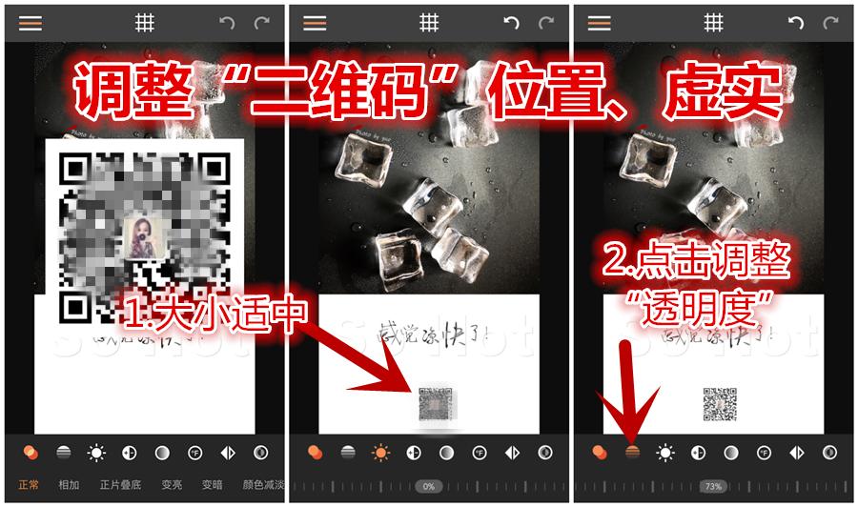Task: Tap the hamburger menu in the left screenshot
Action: tap(31, 23)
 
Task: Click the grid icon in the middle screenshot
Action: tap(429, 23)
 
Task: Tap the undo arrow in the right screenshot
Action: tap(795, 23)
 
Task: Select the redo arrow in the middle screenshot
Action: tap(546, 23)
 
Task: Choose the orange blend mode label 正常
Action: tap(29, 485)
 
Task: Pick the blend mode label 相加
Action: tap(69, 485)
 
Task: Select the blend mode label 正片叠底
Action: tap(120, 485)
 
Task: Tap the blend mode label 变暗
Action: tap(212, 485)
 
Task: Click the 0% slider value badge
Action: tap(429, 486)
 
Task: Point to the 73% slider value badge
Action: tap(712, 486)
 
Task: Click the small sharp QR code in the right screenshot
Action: tap(721, 404)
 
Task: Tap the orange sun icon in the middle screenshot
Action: tap(381, 453)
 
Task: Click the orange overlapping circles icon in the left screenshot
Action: tap(31, 453)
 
